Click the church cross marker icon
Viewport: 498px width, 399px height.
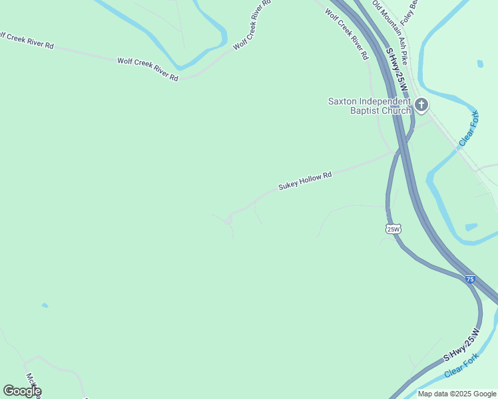click(421, 104)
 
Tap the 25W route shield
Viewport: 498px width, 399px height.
click(393, 229)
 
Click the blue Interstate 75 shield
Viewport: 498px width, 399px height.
click(470, 280)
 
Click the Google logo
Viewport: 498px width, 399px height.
click(22, 391)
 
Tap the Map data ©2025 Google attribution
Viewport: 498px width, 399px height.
click(457, 394)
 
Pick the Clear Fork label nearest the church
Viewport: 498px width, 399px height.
click(469, 129)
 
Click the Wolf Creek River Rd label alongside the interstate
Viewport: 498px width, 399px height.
click(346, 39)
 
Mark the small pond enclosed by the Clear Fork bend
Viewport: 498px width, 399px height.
click(471, 227)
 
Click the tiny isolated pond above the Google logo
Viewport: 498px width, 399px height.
click(45, 305)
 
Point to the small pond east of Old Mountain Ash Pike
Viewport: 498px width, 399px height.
click(480, 64)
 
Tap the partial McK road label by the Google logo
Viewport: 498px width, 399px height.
click(32, 384)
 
